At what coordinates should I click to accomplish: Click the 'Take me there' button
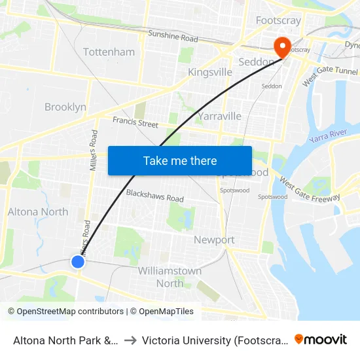(180, 160)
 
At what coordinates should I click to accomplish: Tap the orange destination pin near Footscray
(283, 46)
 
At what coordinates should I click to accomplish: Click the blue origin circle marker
(78, 262)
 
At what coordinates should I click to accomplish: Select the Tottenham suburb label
(109, 52)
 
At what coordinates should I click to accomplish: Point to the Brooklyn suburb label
(65, 107)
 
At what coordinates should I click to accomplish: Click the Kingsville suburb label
(209, 72)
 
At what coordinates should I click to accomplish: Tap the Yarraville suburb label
(219, 116)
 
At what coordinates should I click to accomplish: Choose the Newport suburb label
(214, 240)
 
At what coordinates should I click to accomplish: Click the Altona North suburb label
(38, 211)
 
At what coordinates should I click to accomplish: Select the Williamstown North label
(170, 277)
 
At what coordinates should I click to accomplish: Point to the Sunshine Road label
(173, 37)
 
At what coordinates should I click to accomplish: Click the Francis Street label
(135, 122)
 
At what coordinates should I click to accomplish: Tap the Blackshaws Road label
(154, 196)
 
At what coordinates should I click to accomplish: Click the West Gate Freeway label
(310, 189)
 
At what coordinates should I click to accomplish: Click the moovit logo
(321, 339)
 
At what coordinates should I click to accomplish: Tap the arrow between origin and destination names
(130, 340)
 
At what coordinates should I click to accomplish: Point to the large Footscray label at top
(278, 20)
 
